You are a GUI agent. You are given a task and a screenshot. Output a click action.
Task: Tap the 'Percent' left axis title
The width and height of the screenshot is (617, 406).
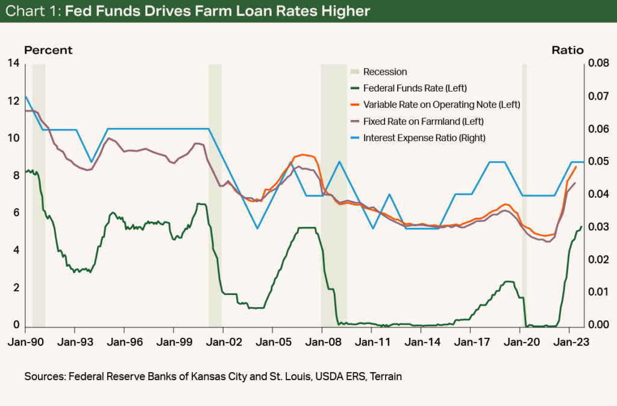point(48,51)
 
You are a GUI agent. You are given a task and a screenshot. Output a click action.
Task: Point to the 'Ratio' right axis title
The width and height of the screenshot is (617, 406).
point(568,51)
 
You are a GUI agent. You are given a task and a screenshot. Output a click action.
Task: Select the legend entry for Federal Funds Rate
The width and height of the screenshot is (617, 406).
point(415,88)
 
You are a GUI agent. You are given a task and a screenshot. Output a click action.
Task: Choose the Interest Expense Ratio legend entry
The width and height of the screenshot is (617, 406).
point(424,138)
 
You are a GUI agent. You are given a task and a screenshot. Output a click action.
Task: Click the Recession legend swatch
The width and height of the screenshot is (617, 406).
point(356,72)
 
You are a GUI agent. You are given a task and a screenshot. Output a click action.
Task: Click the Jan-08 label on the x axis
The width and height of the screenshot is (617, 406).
point(322,340)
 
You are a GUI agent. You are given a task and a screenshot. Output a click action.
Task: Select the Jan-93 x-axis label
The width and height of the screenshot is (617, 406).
point(75,340)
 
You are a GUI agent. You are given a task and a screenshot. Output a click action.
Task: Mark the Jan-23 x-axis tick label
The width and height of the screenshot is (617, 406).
point(570,340)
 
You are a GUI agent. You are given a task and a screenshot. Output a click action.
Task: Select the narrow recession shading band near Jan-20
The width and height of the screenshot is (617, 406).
point(524,193)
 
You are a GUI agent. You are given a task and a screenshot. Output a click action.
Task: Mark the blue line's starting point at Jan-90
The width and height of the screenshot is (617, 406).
point(25,97)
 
